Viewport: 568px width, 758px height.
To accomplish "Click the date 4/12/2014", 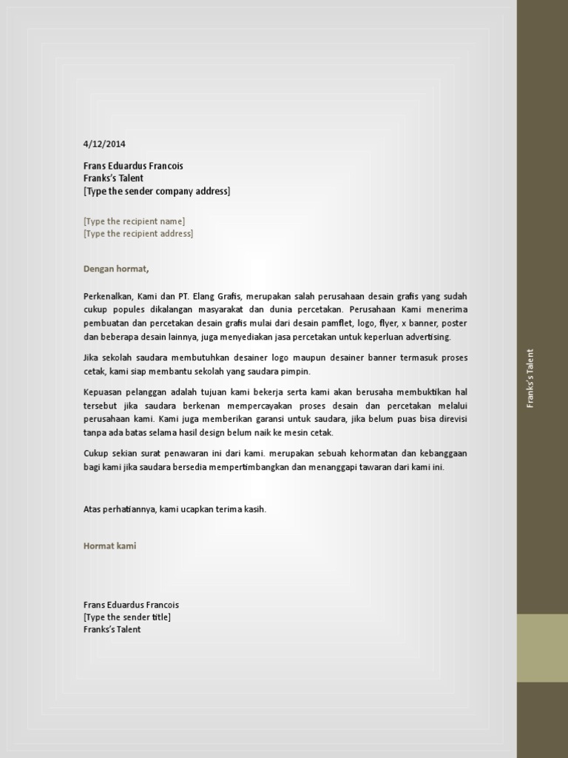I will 104,144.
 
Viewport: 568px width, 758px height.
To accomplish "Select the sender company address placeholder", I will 157,191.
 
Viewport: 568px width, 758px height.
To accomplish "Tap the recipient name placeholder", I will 134,221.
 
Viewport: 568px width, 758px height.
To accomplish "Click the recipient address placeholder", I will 138,233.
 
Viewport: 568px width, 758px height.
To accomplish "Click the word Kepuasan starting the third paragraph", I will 102,392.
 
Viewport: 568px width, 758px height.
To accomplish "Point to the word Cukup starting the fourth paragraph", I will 95,453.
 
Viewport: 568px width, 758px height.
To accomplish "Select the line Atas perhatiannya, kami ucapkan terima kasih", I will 175,509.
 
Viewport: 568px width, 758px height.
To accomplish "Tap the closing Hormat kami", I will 109,546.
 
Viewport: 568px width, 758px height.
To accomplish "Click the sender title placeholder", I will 127,617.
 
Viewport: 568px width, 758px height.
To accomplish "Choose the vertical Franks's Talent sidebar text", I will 530,378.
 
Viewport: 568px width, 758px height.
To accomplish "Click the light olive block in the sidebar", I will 542,648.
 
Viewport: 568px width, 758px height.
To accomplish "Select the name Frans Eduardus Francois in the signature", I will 131,604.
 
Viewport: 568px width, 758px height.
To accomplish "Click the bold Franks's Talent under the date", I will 113,178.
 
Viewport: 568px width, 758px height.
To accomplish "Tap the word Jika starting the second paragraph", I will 92,358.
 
